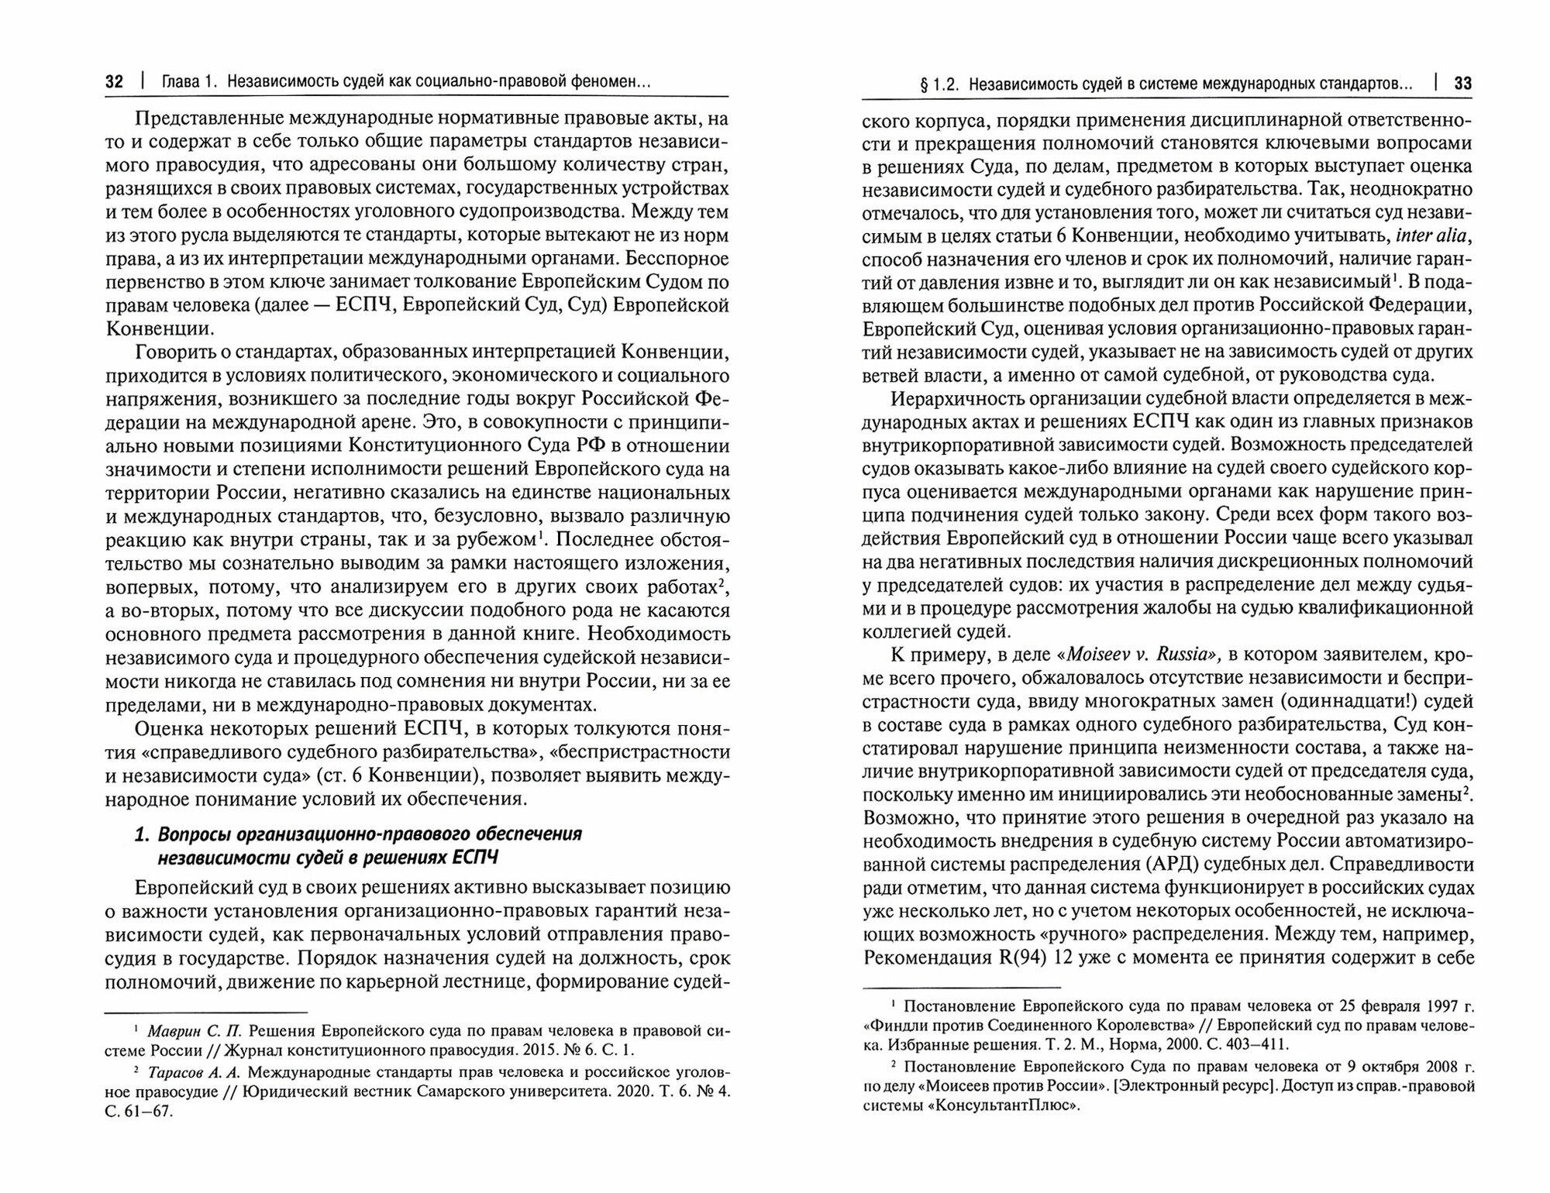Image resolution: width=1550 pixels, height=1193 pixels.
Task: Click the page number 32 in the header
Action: tap(114, 82)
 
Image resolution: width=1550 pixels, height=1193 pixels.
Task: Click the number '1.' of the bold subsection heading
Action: tap(142, 834)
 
